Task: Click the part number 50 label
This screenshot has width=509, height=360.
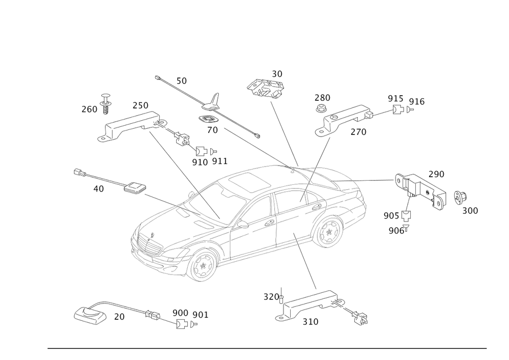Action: coord(181,80)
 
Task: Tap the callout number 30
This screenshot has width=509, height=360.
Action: coord(277,73)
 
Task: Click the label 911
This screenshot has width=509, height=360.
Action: coord(220,161)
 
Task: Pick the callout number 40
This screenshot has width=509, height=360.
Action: coord(98,188)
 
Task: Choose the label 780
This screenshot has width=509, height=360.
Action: coord(322,97)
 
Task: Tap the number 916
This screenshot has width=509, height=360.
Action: coord(416,102)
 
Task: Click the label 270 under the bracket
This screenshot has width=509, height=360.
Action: coord(358,131)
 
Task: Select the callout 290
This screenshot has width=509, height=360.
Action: coord(436,174)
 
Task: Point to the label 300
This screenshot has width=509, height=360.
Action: coord(470,210)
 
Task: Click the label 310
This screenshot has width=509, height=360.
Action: coord(310,321)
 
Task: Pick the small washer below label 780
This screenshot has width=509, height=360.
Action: coord(321,108)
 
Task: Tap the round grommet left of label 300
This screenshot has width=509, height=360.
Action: coord(458,197)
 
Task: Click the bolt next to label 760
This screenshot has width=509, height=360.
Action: coord(105,107)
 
